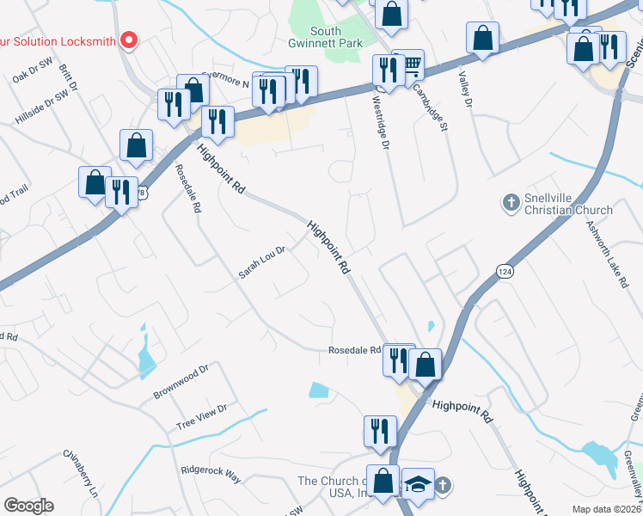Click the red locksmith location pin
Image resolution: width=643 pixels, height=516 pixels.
click(x=129, y=39)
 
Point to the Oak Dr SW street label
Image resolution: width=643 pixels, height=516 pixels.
click(x=33, y=77)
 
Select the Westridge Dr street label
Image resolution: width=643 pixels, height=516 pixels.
click(x=381, y=120)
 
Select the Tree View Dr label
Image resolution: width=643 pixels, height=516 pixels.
click(x=200, y=418)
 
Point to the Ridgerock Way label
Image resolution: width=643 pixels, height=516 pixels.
click(x=211, y=474)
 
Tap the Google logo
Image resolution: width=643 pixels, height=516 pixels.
click(x=28, y=506)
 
